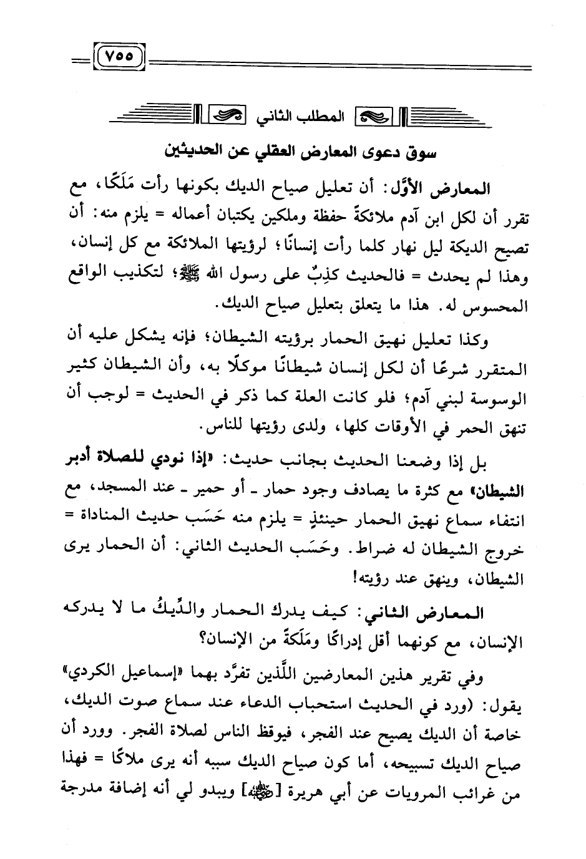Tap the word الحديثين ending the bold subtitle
pos(192,152)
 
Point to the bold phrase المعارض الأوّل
pos(448,188)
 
